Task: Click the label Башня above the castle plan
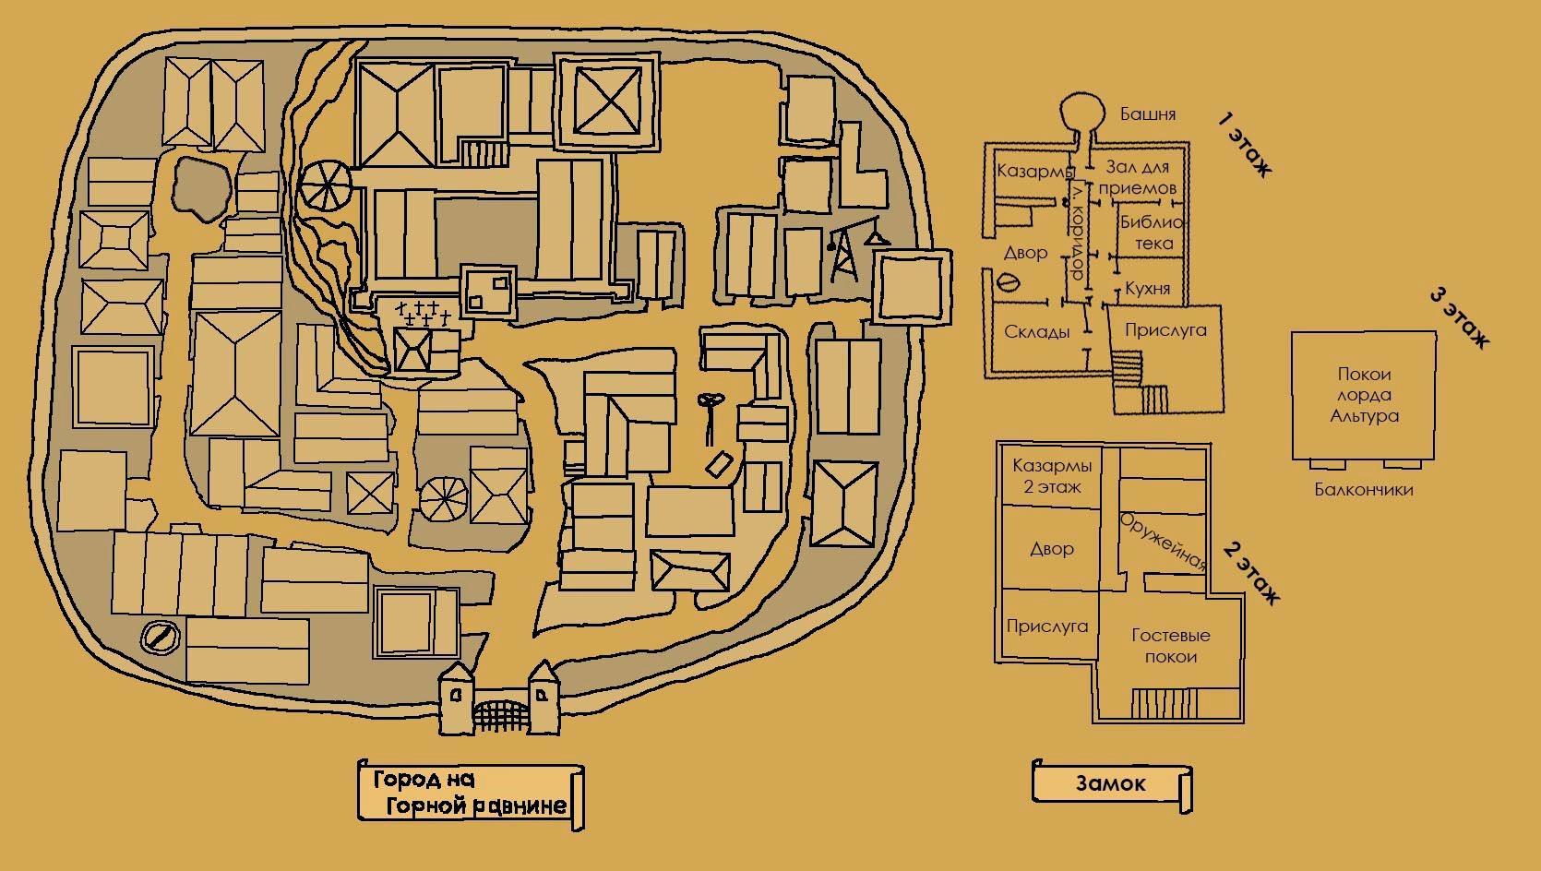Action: [x=1147, y=114]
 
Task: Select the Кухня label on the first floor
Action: [x=1147, y=288]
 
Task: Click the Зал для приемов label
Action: [x=1137, y=177]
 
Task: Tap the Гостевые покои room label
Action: [x=1170, y=646]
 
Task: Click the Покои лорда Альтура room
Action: [x=1364, y=395]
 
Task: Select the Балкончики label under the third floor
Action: [x=1363, y=490]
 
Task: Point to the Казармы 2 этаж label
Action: [x=1051, y=475]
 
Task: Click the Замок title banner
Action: [x=1110, y=783]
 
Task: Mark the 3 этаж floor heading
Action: [x=1459, y=318]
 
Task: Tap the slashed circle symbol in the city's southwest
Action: [x=158, y=637]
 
